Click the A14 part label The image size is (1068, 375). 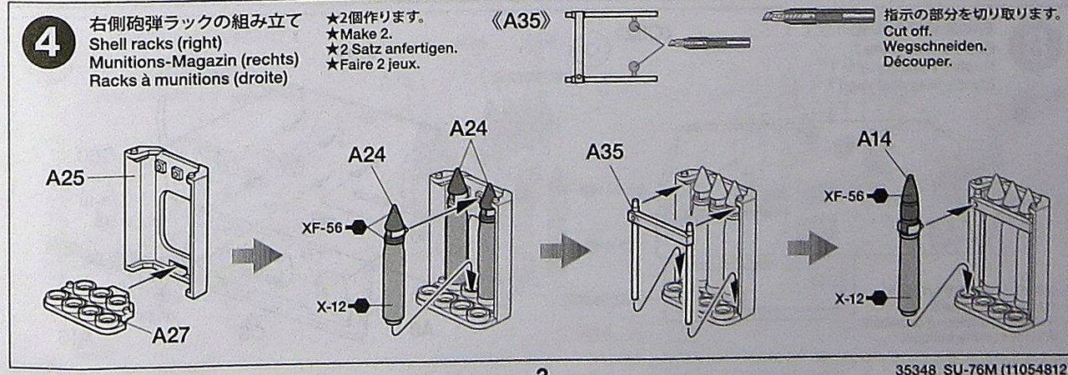pos(875,140)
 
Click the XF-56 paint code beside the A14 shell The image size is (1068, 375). pos(844,196)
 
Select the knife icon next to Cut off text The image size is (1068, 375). pos(818,17)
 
